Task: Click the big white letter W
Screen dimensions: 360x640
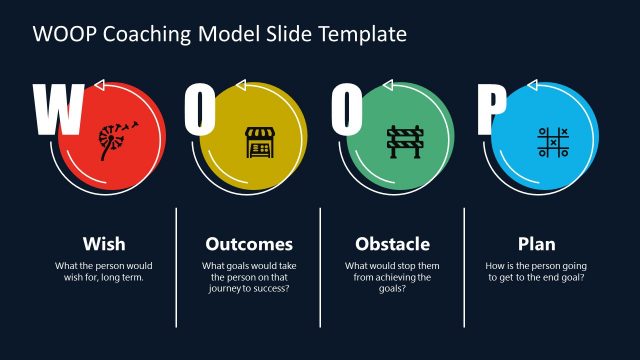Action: point(57,110)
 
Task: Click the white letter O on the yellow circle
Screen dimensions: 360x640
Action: point(199,110)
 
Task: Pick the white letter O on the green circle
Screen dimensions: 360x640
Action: point(345,110)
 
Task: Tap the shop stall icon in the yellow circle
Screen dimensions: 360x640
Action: point(257,143)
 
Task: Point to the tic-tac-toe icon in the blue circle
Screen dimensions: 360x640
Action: point(552,143)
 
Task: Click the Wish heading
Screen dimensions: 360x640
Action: point(104,244)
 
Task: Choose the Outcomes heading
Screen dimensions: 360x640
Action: point(249,244)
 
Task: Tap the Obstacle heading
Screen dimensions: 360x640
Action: point(393,244)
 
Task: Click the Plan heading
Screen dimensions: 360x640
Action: point(536,244)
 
